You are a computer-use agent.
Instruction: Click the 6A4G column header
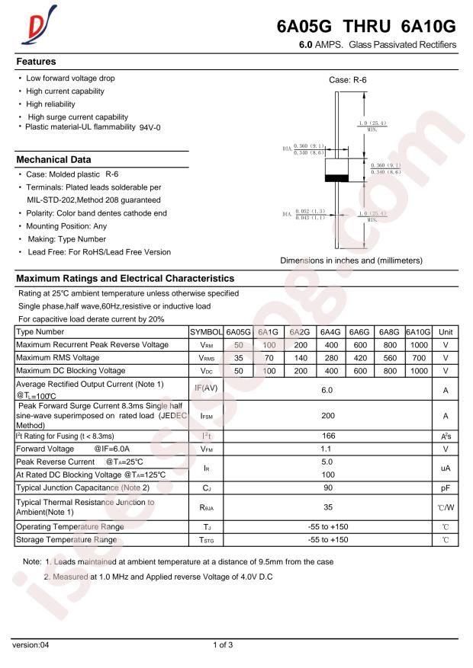coord(330,332)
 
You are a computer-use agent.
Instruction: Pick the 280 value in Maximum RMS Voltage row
coord(330,357)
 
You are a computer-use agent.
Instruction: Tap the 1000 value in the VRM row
coord(418,345)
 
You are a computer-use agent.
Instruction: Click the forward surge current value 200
coord(327,416)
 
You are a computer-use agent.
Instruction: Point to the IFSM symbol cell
coord(205,416)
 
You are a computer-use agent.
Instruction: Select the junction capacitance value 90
coord(327,486)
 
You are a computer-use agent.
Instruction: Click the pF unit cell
coord(445,486)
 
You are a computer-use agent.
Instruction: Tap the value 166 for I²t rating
coord(327,436)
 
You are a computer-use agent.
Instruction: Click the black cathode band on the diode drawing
coord(336,178)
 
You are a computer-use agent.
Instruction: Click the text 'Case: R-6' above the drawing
coord(348,80)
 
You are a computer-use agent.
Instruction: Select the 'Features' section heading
coord(36,61)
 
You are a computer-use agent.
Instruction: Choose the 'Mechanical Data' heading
coord(53,160)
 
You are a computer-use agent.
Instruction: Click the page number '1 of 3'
coord(223,645)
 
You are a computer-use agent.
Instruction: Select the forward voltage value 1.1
coord(327,449)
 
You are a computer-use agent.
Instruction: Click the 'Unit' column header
coord(446,332)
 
